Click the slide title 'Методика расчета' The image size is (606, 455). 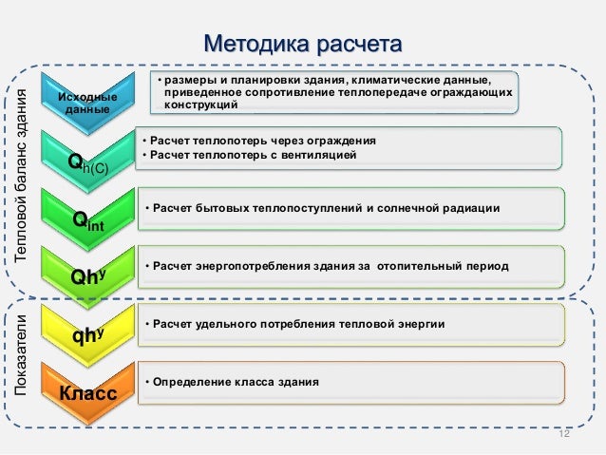(x=303, y=45)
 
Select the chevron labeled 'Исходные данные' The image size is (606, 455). (x=88, y=104)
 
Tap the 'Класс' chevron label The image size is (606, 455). (x=88, y=393)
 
